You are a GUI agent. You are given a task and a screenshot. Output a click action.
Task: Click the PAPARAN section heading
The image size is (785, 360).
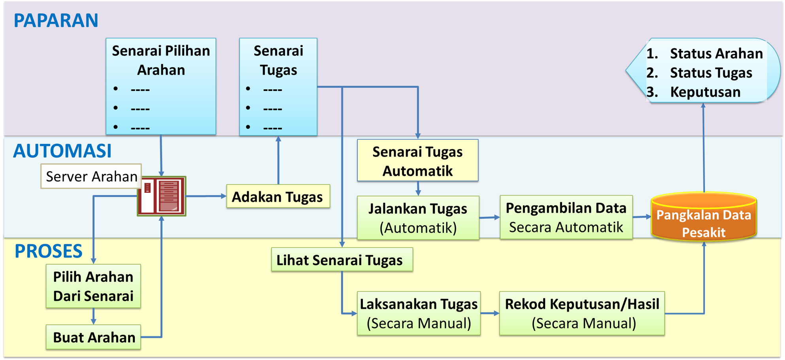click(56, 21)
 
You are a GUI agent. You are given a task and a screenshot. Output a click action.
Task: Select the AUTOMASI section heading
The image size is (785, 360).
click(62, 151)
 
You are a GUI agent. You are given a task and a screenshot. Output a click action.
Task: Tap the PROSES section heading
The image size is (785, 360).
click(48, 251)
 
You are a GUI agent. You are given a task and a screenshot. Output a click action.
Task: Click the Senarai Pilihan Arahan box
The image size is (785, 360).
click(161, 86)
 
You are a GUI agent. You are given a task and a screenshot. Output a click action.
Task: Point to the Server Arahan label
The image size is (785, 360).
click(91, 176)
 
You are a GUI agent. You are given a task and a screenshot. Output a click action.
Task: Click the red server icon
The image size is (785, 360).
click(162, 196)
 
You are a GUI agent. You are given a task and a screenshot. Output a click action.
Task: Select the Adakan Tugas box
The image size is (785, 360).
click(278, 196)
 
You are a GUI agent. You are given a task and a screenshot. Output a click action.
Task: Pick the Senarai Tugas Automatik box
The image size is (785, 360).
click(417, 161)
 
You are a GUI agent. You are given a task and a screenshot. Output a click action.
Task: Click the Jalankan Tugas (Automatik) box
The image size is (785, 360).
click(418, 218)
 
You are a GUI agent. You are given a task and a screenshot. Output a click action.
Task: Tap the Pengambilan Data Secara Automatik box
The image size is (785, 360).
click(566, 217)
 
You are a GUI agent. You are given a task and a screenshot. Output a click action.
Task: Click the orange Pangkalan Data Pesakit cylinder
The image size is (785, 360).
click(704, 218)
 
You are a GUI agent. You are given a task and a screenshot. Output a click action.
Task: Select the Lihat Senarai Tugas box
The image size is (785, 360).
click(342, 260)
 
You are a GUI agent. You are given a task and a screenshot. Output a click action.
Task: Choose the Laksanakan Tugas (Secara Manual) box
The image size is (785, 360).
click(419, 313)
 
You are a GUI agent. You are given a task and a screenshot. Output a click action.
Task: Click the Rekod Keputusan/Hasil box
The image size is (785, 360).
click(582, 313)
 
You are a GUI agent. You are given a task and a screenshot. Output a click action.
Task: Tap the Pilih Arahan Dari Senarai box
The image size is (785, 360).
click(93, 286)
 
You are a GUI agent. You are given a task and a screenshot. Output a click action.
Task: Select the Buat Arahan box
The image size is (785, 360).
click(94, 337)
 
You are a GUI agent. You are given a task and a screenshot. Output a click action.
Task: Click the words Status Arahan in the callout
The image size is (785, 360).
click(716, 53)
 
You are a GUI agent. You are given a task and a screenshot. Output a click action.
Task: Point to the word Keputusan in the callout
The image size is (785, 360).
click(705, 92)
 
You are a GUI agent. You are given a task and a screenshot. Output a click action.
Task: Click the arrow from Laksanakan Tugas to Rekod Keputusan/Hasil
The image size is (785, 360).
click(490, 313)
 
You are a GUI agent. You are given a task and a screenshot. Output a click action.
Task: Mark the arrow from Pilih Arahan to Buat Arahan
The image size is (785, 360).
click(93, 317)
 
